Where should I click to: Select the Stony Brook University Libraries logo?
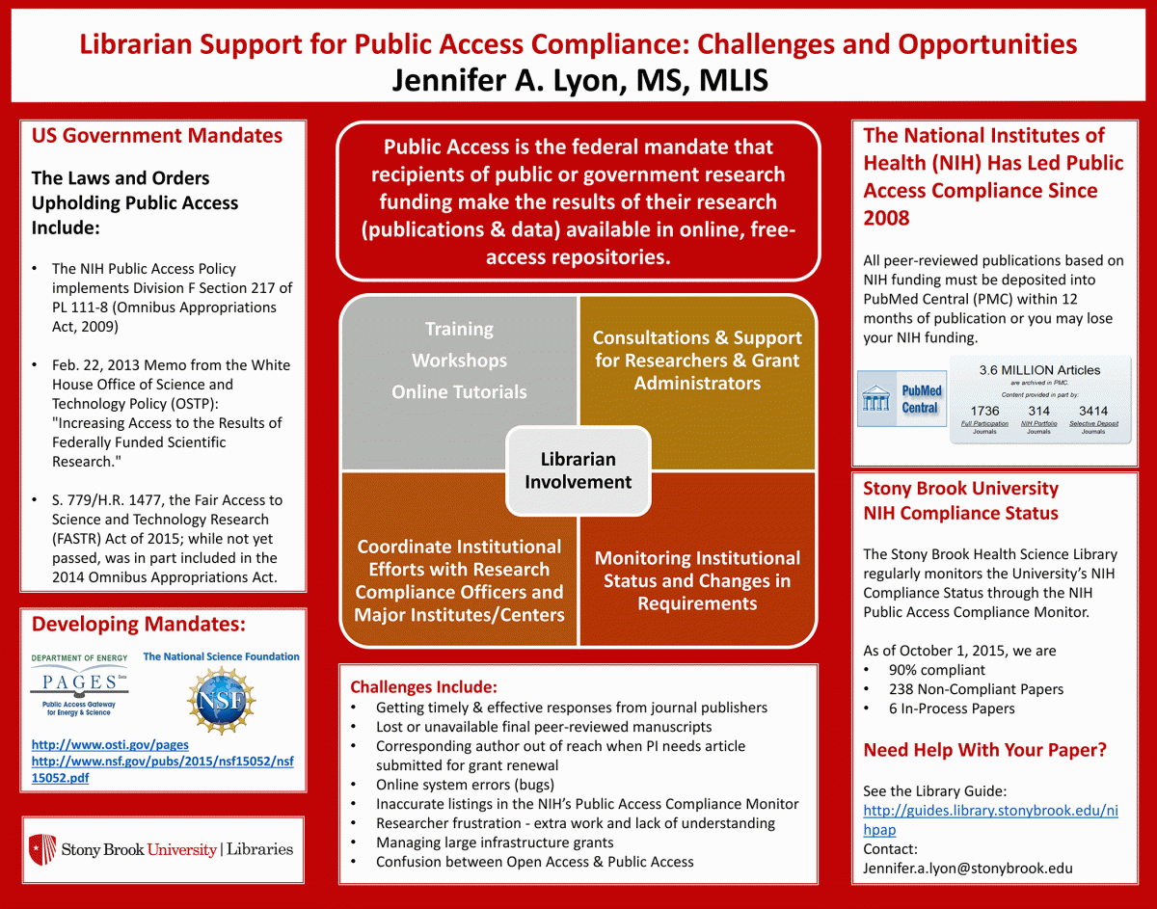pyautogui.click(x=162, y=849)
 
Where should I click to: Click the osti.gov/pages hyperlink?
pyautogui.click(x=110, y=744)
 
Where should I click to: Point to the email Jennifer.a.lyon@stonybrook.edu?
pyautogui.click(x=967, y=868)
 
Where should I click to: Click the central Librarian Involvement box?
pyautogui.click(x=578, y=470)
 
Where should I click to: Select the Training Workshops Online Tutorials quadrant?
pyautogui.click(x=459, y=361)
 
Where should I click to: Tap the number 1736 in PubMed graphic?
pyautogui.click(x=984, y=412)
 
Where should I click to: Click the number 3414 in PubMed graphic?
pyautogui.click(x=1092, y=412)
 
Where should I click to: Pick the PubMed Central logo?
pyautogui.click(x=901, y=399)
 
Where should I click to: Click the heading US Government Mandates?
pyautogui.click(x=157, y=136)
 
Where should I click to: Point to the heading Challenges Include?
pyautogui.click(x=423, y=687)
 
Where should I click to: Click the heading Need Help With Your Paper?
pyautogui.click(x=984, y=750)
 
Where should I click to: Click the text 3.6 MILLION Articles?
pyautogui.click(x=1039, y=370)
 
